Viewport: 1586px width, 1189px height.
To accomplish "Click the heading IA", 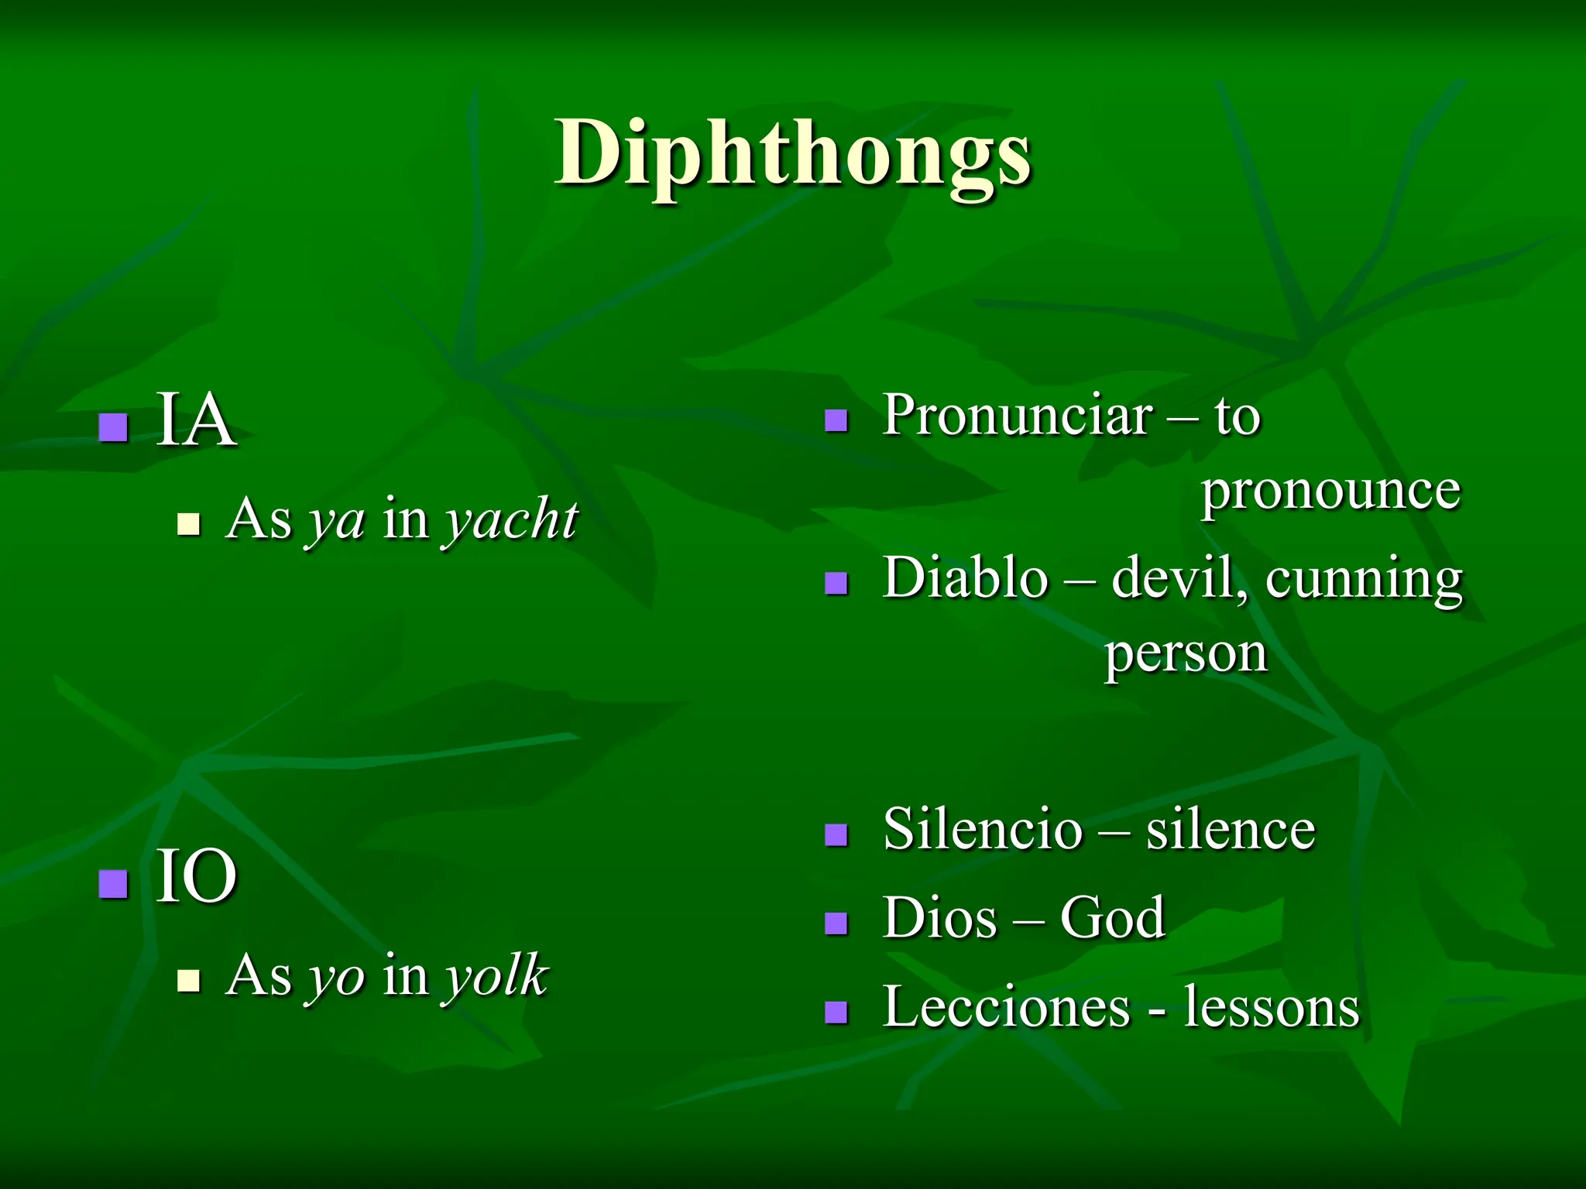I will pos(196,421).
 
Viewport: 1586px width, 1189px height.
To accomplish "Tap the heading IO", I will pos(196,877).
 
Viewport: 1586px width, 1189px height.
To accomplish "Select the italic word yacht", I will pos(510,519).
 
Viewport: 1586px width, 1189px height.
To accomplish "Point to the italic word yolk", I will pos(496,975).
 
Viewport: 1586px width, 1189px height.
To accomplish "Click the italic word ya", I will pos(336,521).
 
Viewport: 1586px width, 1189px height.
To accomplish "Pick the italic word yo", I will pos(336,977).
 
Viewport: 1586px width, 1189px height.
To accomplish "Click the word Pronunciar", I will pos(1017,416).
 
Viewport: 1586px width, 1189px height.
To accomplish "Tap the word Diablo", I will pos(965,577).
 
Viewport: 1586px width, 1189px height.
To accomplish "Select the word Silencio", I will pos(982,829).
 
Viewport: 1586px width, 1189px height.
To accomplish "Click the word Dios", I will pos(940,918).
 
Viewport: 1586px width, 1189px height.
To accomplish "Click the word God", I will pos(1112,918).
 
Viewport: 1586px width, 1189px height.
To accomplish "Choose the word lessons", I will pos(1272,1007).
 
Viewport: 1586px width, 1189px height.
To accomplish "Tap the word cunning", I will pos(1364,579).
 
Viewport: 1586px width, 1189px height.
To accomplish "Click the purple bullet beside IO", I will pos(114,883).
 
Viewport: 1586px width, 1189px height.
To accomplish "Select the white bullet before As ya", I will pos(188,524).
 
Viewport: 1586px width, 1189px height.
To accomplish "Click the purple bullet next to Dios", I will pos(836,923).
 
